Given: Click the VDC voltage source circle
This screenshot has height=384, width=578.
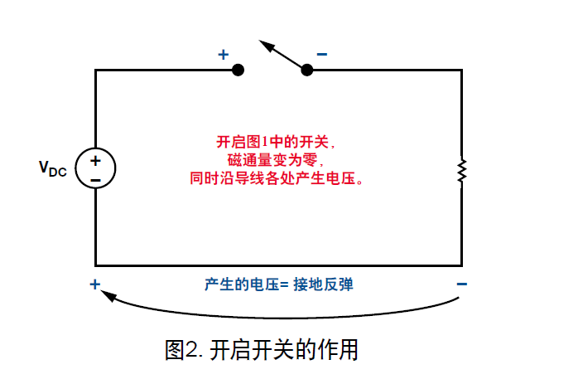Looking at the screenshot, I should pyautogui.click(x=95, y=168).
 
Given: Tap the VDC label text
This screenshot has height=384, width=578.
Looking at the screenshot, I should pyautogui.click(x=53, y=168).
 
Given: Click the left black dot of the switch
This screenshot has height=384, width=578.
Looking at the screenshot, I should pyautogui.click(x=238, y=70).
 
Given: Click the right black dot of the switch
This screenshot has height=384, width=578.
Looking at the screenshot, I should pyautogui.click(x=307, y=70).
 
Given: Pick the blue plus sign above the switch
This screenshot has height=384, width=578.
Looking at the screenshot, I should pyautogui.click(x=223, y=55).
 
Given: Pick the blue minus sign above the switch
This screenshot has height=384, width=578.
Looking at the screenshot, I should pyautogui.click(x=321, y=55).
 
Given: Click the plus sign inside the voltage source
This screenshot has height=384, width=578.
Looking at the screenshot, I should pyautogui.click(x=95, y=160).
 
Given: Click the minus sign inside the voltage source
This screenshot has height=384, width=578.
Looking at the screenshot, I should pyautogui.click(x=95, y=178).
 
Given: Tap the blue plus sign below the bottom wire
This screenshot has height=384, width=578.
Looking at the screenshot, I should pyautogui.click(x=95, y=284).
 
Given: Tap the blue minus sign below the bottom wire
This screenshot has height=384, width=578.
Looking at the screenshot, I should pyautogui.click(x=461, y=284).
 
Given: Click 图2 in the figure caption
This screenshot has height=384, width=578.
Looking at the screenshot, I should pyautogui.click(x=182, y=350).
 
